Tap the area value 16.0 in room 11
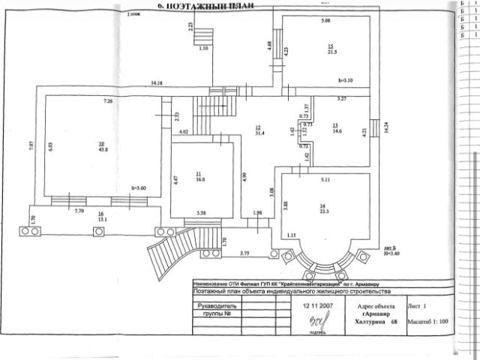click(201, 180)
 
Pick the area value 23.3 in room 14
click(323, 212)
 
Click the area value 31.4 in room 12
click(259, 133)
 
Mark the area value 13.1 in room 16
click(101, 219)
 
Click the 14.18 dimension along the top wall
click(157, 82)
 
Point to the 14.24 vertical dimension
click(385, 127)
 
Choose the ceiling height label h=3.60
click(137, 187)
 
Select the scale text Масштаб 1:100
click(430, 322)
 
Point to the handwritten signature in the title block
click(305, 323)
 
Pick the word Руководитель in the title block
click(217, 307)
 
